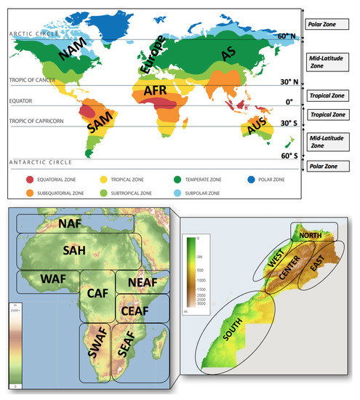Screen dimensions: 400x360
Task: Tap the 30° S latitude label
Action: [x=280, y=122]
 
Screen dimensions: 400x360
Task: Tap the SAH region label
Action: [x=75, y=250]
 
